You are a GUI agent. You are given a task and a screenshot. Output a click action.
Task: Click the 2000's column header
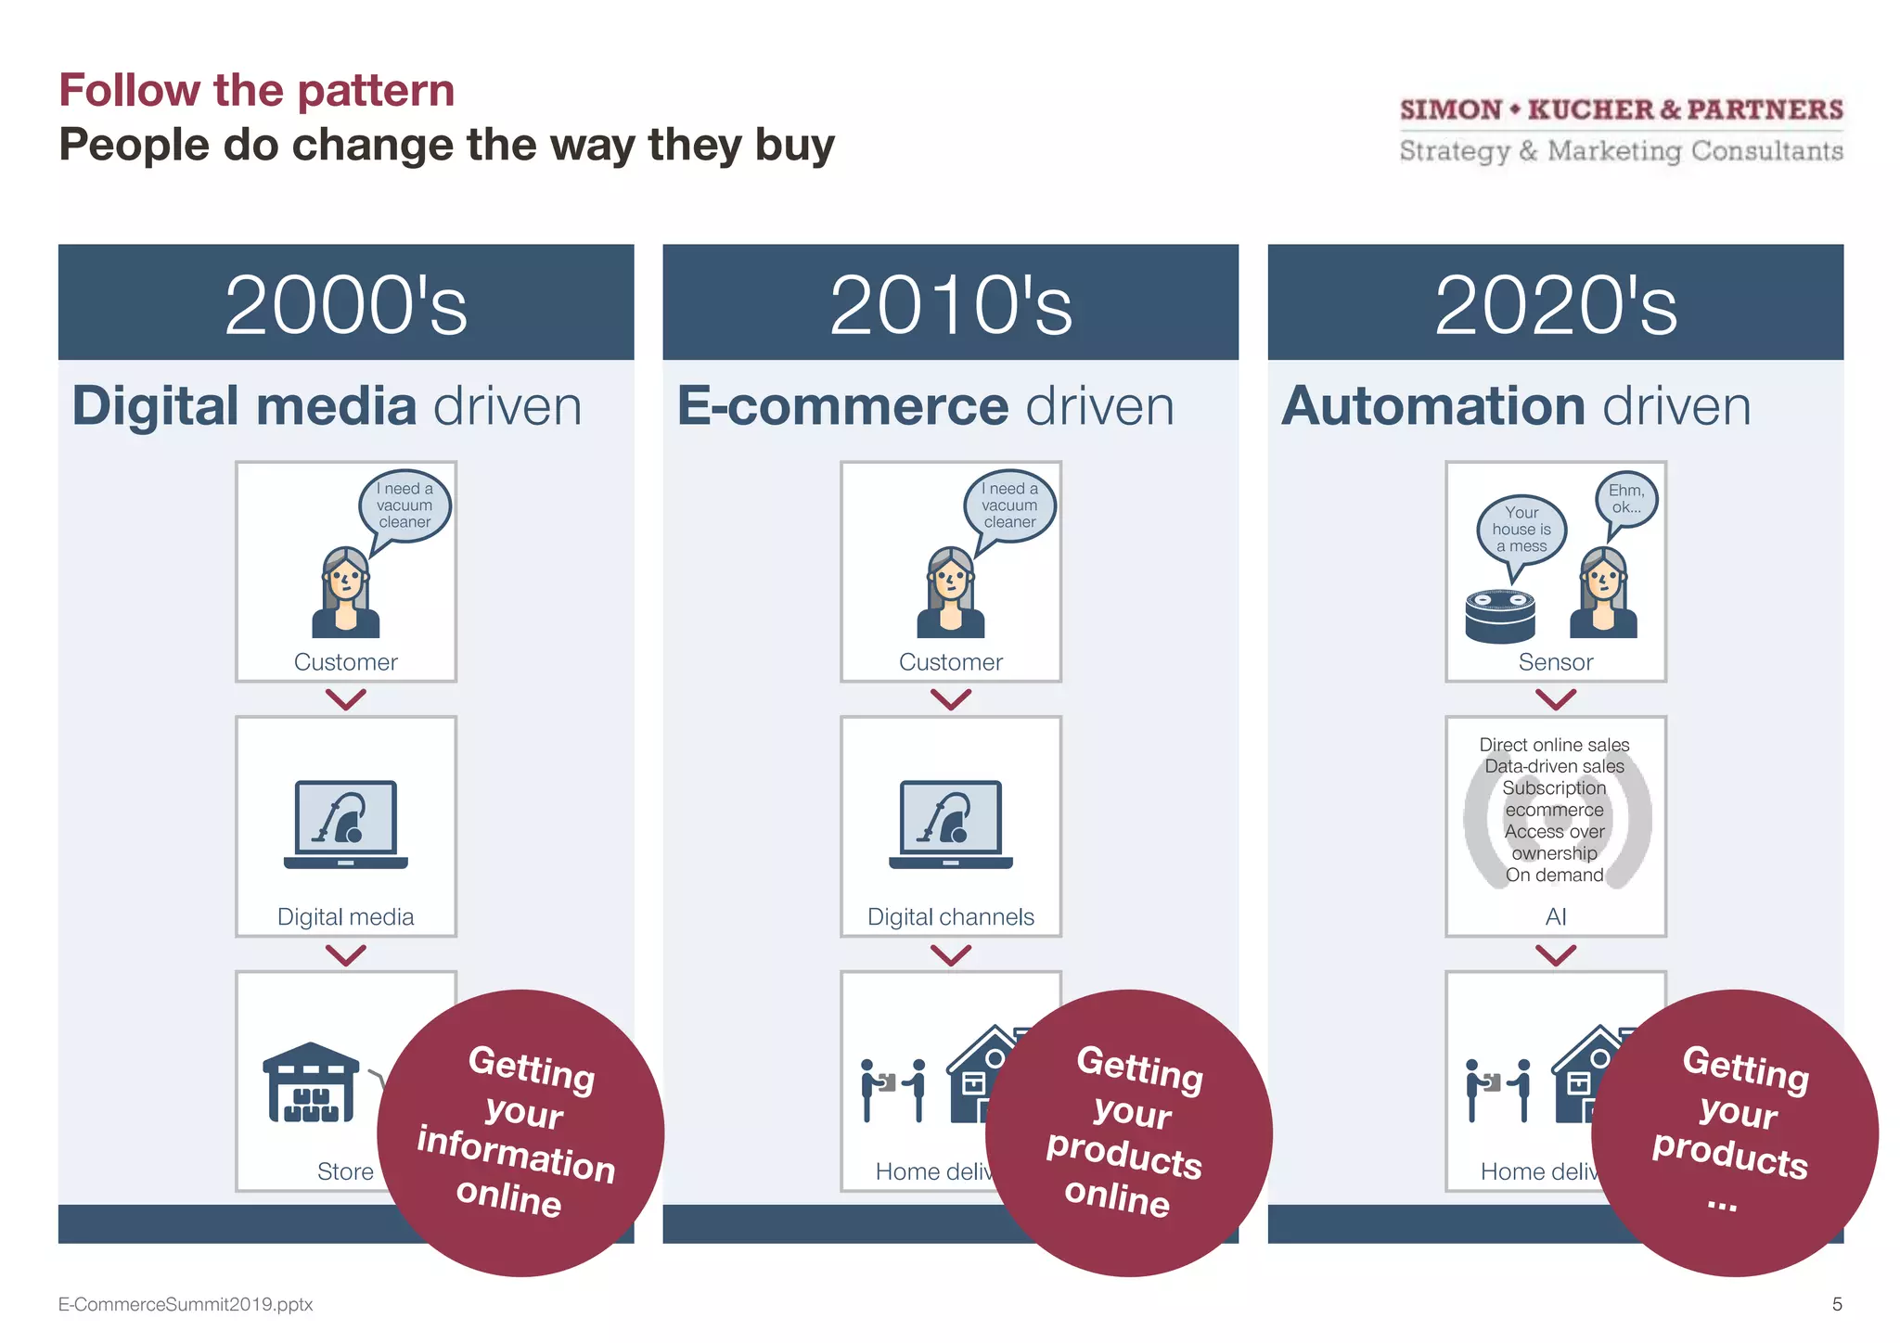click(346, 303)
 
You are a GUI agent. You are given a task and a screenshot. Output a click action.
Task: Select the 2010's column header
click(950, 303)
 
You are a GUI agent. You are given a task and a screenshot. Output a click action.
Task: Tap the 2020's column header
click(1555, 303)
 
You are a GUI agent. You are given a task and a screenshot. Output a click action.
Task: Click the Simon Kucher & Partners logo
click(1621, 130)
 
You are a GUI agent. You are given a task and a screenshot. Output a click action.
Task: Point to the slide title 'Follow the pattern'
click(257, 91)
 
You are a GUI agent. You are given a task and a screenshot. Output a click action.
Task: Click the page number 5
click(1837, 1304)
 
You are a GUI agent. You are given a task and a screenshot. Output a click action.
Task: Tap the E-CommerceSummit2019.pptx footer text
click(186, 1304)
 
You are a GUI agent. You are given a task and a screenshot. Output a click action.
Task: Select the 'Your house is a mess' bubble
click(1521, 530)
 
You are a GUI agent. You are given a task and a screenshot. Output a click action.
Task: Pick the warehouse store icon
click(311, 1082)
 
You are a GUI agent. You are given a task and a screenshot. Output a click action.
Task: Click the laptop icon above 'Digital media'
click(346, 824)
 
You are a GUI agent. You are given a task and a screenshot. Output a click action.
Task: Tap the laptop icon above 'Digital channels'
click(951, 824)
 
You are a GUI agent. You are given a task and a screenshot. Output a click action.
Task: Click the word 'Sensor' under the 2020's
click(1556, 662)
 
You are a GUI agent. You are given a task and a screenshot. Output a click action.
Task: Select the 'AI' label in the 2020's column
click(1556, 916)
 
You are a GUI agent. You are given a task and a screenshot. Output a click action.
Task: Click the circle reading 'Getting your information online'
click(520, 1132)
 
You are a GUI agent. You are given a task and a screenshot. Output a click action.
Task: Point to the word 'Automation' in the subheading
click(1432, 406)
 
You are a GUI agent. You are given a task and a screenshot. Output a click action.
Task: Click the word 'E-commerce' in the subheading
click(842, 406)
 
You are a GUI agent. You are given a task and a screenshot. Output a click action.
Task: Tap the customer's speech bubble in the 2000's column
click(405, 505)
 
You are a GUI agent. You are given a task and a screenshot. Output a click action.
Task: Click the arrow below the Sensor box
click(1556, 698)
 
